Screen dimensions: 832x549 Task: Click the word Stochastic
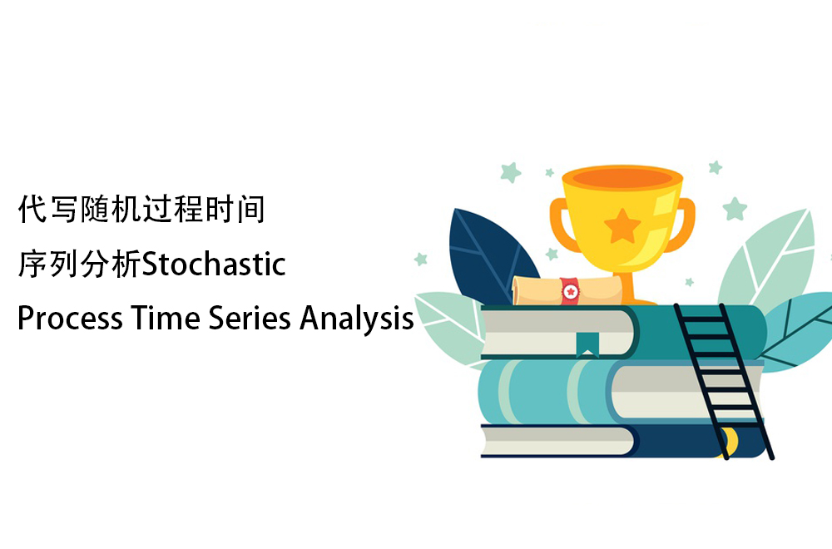(x=215, y=264)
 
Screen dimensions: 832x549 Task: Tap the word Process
(x=70, y=319)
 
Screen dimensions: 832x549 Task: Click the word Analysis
(x=357, y=319)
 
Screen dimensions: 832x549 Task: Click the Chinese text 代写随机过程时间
(x=141, y=209)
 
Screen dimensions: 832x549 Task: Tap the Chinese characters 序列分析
(x=80, y=264)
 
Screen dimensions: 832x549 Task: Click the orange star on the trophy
(x=622, y=226)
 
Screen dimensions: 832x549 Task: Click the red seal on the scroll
(x=570, y=291)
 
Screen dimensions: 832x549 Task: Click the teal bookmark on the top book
(x=587, y=344)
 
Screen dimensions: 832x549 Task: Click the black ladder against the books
(x=724, y=381)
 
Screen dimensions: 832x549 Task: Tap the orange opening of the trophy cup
(x=622, y=178)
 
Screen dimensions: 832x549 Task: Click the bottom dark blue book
(x=622, y=440)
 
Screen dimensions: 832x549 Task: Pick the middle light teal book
(x=621, y=392)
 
